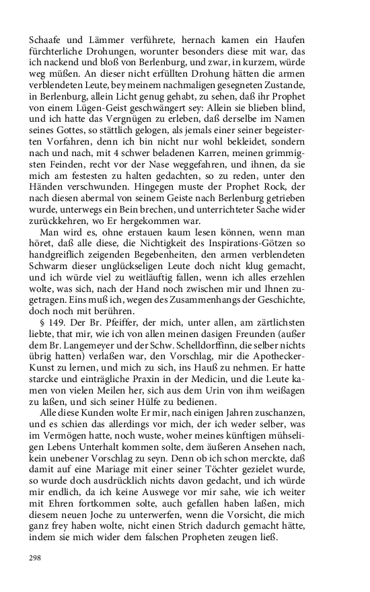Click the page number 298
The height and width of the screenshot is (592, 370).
pyautogui.click(x=34, y=558)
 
